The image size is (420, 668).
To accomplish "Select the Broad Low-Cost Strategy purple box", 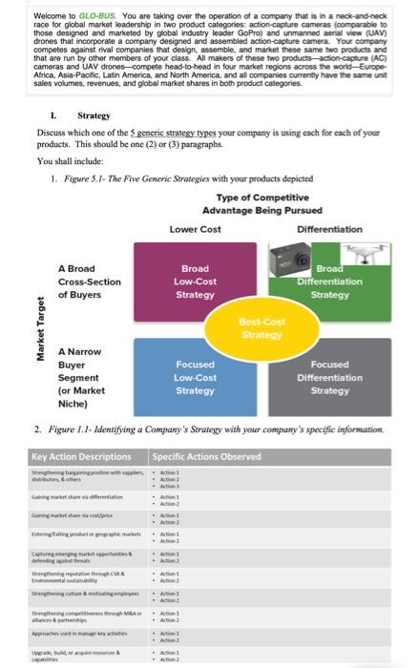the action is pyautogui.click(x=195, y=283).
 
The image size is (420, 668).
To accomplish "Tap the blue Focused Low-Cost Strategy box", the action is pyautogui.click(x=195, y=377).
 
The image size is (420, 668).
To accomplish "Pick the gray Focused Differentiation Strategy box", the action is pyautogui.click(x=329, y=378).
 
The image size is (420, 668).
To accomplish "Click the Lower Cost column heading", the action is pyautogui.click(x=196, y=229).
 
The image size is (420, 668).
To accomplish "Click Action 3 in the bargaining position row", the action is pyautogui.click(x=169, y=484).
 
